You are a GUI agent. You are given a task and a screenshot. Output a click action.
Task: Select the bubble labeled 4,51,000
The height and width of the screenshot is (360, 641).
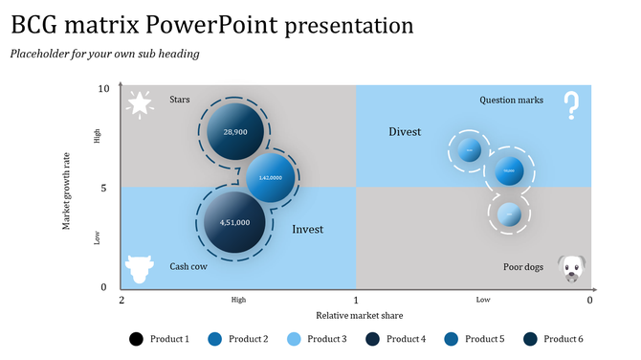pyautogui.click(x=234, y=222)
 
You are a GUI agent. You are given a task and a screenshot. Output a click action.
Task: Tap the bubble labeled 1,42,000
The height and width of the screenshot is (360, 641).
pyautogui.click(x=270, y=178)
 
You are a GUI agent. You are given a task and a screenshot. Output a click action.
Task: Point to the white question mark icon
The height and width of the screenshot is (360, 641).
pyautogui.click(x=571, y=105)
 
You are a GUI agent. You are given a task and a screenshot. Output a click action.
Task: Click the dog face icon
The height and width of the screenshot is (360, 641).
pyautogui.click(x=571, y=268)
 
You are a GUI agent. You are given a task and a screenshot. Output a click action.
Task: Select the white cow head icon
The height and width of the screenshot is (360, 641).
pyautogui.click(x=140, y=269)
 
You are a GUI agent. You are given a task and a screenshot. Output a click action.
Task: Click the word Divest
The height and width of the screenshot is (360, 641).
pyautogui.click(x=405, y=132)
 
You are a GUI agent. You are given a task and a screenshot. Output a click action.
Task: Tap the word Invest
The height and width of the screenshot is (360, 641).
pyautogui.click(x=307, y=230)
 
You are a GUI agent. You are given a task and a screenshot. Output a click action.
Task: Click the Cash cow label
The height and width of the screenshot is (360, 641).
pyautogui.click(x=188, y=267)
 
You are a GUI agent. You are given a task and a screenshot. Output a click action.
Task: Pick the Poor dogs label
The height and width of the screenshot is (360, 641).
pyautogui.click(x=523, y=267)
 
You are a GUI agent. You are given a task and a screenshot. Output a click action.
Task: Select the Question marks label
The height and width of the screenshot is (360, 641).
pyautogui.click(x=511, y=100)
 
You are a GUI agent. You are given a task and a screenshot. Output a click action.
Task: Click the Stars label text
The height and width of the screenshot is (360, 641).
pyautogui.click(x=180, y=100)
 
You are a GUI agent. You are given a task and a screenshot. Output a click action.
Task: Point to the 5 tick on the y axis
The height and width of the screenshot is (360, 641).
pyautogui.click(x=103, y=189)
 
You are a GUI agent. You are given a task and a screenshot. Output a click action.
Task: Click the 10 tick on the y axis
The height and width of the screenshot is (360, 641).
pyautogui.click(x=103, y=89)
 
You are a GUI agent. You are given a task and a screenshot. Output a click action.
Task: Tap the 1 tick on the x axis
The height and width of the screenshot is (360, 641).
pyautogui.click(x=356, y=300)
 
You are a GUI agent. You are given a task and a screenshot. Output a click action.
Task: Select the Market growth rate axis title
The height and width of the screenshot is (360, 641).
pyautogui.click(x=67, y=190)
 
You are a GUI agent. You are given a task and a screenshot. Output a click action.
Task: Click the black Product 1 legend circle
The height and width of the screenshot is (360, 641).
pyautogui.click(x=136, y=339)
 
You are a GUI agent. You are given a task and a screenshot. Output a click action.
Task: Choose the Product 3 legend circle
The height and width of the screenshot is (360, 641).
pyautogui.click(x=294, y=339)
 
